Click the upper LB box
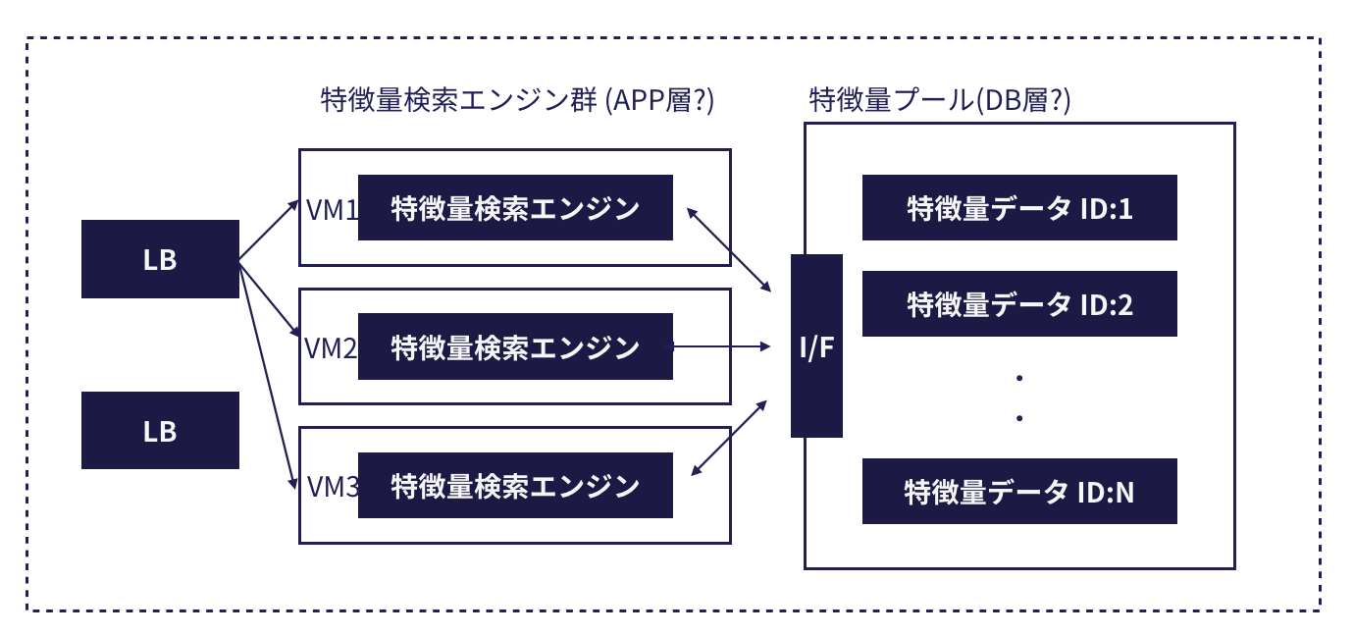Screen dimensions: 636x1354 point(160,259)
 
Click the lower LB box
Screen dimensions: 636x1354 point(160,430)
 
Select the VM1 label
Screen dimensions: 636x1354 point(331,209)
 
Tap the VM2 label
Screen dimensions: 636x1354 point(331,347)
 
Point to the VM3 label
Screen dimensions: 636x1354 point(331,486)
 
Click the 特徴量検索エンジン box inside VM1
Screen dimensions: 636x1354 point(515,208)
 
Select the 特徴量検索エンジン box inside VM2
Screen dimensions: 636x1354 point(515,346)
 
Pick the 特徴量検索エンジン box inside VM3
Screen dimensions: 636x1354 point(515,485)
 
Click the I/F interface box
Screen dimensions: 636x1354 point(816,345)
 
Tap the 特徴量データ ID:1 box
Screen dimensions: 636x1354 point(1019,208)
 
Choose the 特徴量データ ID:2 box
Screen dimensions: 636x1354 point(1019,304)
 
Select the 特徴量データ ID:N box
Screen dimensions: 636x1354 point(1019,491)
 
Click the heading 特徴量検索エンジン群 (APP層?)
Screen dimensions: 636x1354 point(517,101)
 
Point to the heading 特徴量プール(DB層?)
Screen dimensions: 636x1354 point(939,101)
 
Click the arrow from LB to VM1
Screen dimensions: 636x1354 point(269,231)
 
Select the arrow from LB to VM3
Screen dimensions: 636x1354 point(267,373)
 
